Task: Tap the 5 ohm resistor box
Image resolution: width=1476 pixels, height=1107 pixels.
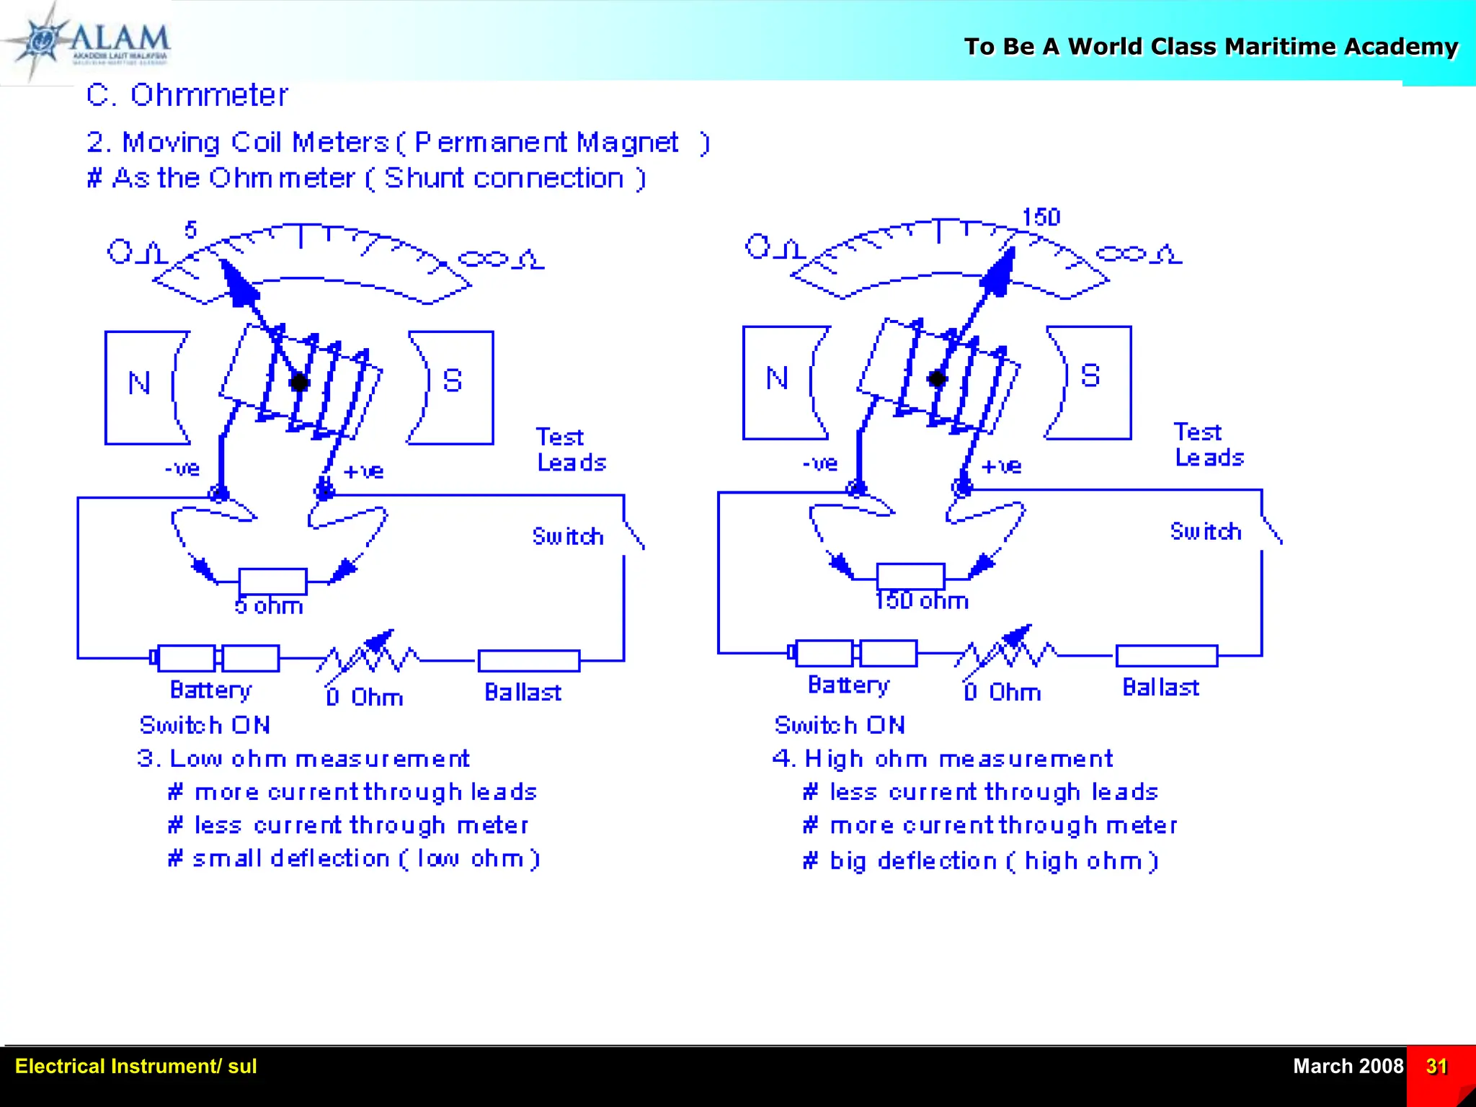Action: tap(272, 581)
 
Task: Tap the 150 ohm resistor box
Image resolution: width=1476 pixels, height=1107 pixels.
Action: tap(910, 576)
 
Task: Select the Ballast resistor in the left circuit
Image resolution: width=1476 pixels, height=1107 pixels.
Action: tap(528, 659)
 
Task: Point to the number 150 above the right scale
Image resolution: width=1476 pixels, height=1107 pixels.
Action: tap(1041, 217)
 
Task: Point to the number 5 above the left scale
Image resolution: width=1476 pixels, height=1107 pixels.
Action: tap(190, 230)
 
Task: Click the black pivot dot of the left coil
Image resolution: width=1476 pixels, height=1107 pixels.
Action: tap(299, 383)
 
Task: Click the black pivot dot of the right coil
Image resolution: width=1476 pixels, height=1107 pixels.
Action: tap(937, 378)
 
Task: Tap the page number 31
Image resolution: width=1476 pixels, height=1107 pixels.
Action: tap(1436, 1066)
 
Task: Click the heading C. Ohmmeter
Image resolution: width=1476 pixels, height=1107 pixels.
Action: tap(187, 95)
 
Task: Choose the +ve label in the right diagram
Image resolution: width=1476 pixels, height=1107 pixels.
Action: tap(1002, 466)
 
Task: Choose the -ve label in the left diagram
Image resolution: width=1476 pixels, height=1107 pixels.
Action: tap(182, 469)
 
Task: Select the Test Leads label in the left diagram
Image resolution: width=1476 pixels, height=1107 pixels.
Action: tap(571, 450)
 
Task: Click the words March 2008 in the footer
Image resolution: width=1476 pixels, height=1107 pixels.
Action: tap(1348, 1066)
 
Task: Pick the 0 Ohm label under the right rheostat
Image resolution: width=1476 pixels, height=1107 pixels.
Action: tap(1002, 693)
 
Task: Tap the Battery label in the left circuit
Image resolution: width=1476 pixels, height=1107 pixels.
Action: tap(210, 690)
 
